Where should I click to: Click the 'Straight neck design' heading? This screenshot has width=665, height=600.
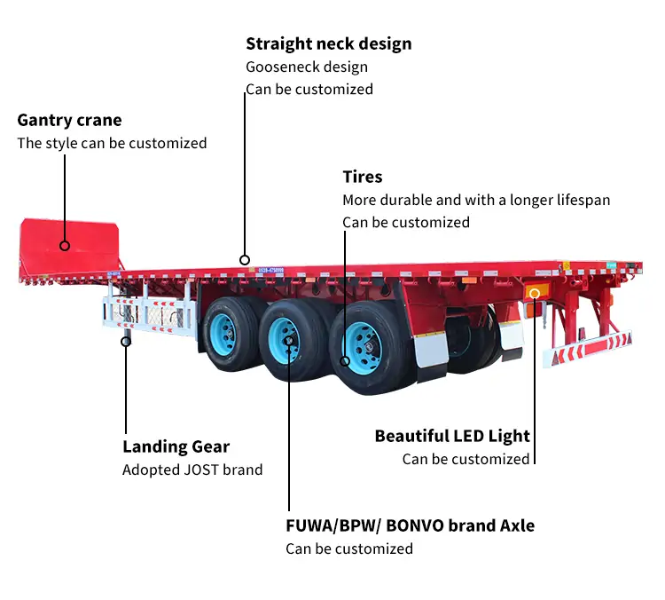328,43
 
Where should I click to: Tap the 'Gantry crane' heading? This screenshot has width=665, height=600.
69,121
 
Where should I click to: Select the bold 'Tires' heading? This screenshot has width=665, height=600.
362,178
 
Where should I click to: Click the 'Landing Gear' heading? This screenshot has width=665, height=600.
176,447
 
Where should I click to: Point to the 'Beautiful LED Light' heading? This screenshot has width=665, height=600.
451,436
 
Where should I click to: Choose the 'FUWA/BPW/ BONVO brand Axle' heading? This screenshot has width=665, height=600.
410,525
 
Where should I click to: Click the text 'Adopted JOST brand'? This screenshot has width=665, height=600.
192,470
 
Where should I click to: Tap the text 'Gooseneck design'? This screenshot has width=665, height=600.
306,67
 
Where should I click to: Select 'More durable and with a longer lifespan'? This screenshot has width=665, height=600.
476,200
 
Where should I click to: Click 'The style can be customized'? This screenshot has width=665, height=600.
112,143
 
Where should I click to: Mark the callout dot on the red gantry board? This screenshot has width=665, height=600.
65,245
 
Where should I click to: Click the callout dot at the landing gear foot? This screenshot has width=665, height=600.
126,340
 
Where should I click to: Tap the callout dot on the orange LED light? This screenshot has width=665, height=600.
534,293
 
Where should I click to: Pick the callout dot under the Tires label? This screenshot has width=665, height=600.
346,360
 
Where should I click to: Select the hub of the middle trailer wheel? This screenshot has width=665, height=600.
286,339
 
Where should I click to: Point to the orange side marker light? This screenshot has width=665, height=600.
533,293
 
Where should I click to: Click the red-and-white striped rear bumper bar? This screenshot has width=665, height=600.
587,348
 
